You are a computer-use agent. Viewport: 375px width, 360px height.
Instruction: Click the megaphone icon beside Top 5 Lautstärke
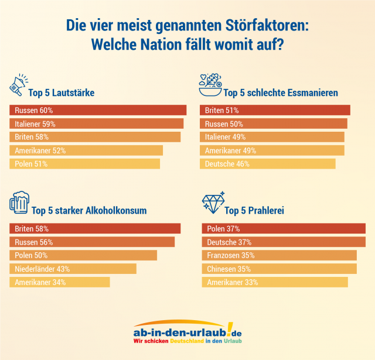coord(21,85)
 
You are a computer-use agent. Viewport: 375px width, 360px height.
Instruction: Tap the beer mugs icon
coord(19,203)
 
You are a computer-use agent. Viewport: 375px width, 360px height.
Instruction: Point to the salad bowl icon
coord(210,85)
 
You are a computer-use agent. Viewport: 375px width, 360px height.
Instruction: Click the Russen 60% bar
coord(98,110)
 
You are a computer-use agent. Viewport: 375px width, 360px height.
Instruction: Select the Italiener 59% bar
coord(97,124)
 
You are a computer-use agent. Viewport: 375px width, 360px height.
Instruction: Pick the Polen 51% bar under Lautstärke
coord(85,164)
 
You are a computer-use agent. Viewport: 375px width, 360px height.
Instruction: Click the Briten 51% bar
coord(275,110)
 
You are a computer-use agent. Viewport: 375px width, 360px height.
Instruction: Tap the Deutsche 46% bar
coord(268,164)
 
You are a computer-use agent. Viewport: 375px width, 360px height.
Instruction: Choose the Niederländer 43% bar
coord(73,269)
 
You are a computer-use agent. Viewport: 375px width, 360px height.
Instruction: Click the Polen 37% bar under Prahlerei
coord(283,228)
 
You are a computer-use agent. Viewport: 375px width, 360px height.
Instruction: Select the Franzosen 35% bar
coord(279,255)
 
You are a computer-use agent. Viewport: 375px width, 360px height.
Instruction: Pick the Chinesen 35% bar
coord(279,269)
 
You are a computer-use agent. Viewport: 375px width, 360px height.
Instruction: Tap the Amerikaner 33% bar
coord(275,282)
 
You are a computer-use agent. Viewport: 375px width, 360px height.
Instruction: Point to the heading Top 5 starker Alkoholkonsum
coord(89,210)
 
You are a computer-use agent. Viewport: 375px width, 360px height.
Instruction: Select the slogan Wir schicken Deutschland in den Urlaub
coord(187,341)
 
